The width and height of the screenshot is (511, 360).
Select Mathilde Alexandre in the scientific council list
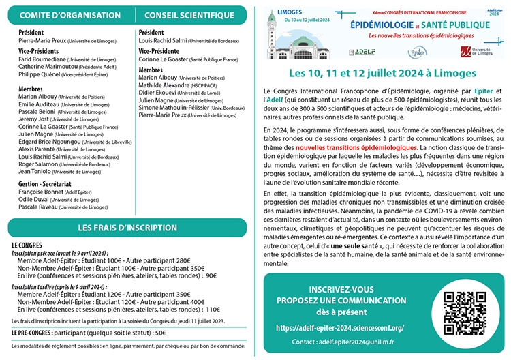[x=164, y=86]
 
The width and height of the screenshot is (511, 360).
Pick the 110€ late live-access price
[x=211, y=308]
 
